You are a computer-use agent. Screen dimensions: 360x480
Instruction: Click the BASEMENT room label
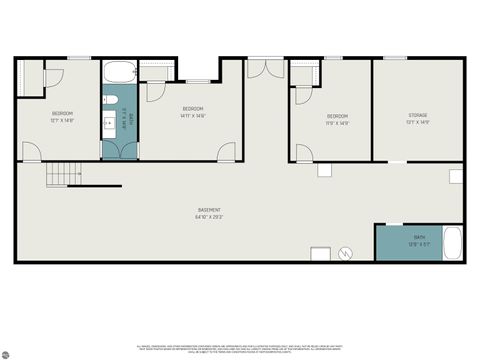(209, 210)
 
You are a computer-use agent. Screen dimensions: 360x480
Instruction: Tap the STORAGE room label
(418, 115)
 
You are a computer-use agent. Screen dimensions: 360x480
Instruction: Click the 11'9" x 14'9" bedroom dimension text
(336, 124)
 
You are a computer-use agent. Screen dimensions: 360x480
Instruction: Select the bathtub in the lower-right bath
(452, 243)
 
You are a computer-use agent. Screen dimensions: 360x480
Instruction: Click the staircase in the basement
(63, 176)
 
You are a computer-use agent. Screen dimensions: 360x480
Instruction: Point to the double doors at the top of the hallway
(266, 68)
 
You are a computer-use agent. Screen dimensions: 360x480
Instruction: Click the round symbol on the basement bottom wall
(347, 254)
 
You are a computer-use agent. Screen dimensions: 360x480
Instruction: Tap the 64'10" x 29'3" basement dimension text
(209, 217)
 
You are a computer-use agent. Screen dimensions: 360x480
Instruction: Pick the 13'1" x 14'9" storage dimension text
(418, 123)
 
